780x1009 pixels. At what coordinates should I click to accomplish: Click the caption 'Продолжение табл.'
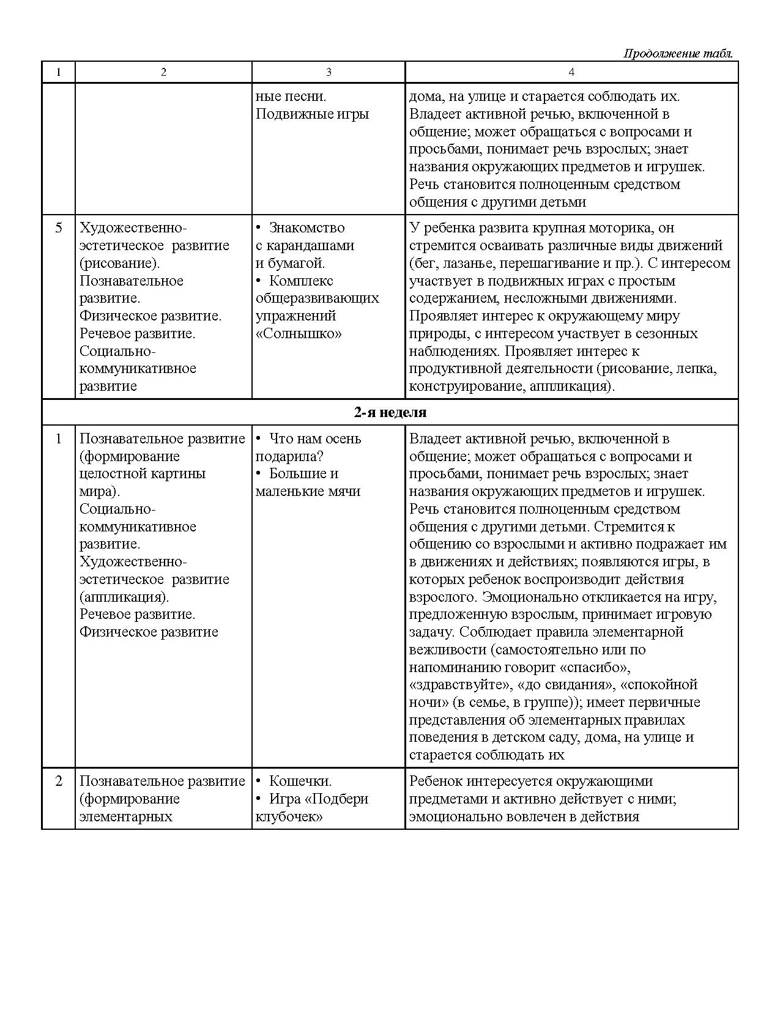point(678,54)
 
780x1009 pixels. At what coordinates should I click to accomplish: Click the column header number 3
point(329,72)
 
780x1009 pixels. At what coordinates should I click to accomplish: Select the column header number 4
point(571,72)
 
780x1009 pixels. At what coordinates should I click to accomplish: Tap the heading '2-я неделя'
point(390,412)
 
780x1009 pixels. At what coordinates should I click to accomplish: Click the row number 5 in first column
point(59,228)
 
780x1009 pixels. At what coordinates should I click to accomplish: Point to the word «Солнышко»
point(299,334)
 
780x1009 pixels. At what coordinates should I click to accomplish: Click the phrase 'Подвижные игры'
point(312,114)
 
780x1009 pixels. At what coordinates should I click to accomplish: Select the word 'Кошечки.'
point(300,782)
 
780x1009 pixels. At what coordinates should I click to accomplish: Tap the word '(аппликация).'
point(124,597)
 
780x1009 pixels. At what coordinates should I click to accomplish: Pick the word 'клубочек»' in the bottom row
point(289,817)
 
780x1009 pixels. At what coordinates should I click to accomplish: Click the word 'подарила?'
point(289,457)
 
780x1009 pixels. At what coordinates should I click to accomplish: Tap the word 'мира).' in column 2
point(100,492)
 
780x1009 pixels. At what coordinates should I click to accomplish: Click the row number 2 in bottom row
point(59,782)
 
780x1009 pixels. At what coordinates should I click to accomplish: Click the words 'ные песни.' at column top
point(291,97)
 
